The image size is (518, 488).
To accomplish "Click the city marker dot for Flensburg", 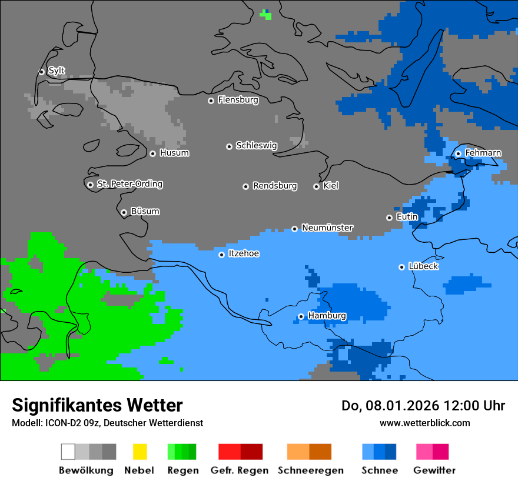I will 211,101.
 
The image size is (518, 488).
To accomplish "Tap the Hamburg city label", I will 327,316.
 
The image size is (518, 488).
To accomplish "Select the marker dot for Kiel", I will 316,186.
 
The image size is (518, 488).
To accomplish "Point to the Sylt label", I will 57,71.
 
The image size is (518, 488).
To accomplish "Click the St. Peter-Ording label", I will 129,184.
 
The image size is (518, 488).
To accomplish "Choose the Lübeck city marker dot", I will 401,267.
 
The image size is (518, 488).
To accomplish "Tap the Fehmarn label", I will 483,153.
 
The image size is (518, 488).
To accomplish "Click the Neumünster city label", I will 327,228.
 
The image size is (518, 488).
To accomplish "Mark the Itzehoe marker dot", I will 221,255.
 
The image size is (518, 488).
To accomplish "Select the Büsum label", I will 145,211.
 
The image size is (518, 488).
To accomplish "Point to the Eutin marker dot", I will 389,218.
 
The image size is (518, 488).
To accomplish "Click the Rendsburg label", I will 275,186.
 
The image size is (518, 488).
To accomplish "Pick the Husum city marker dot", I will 152,153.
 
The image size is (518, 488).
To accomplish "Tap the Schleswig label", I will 256,145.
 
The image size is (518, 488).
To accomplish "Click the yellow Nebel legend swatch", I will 140,452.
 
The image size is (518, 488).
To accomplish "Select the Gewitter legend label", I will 434,470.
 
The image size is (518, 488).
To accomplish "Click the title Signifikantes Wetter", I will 97,405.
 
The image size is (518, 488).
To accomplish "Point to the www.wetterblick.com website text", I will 424,423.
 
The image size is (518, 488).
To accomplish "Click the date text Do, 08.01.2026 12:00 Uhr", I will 423,406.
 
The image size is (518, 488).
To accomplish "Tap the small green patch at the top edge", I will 267,14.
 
